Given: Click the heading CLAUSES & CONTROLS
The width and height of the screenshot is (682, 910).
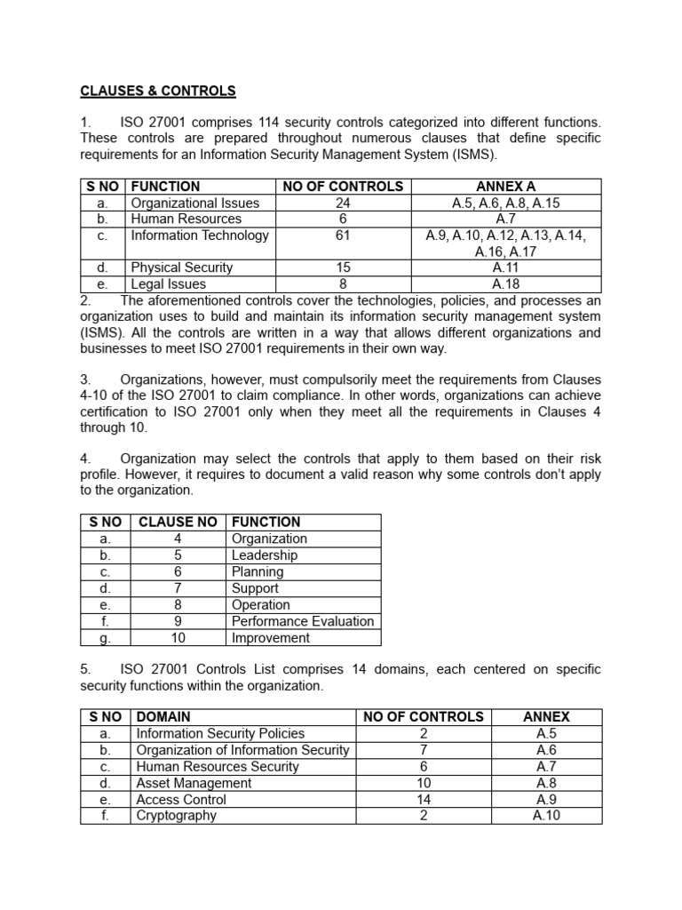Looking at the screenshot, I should click(158, 91).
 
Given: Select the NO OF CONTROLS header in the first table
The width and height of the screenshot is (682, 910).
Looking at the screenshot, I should click(343, 187).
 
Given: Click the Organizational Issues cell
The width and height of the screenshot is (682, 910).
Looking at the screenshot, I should click(195, 203).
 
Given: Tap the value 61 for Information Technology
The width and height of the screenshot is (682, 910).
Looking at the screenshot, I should click(343, 235).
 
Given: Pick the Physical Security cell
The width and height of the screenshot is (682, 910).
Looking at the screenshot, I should click(182, 267).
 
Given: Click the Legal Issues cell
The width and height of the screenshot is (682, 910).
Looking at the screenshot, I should click(169, 284).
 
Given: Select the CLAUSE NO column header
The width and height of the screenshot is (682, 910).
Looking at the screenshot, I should click(178, 522).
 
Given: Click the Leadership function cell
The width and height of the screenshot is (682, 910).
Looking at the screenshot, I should click(265, 555).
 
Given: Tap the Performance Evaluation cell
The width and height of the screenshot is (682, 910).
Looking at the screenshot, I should click(303, 621).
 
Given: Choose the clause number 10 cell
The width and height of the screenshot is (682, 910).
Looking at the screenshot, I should click(178, 638).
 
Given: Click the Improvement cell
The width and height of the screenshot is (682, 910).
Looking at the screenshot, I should click(271, 638).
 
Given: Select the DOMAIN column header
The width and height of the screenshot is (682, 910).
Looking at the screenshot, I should click(163, 716).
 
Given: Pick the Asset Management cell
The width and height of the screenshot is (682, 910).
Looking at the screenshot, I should click(194, 783).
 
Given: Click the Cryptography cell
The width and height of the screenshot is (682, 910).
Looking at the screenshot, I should click(176, 815).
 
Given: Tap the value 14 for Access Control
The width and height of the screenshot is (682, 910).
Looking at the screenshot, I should click(424, 799).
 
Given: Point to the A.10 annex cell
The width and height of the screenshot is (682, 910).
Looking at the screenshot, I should click(546, 815).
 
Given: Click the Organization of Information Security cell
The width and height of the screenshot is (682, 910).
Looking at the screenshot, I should click(242, 750).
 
